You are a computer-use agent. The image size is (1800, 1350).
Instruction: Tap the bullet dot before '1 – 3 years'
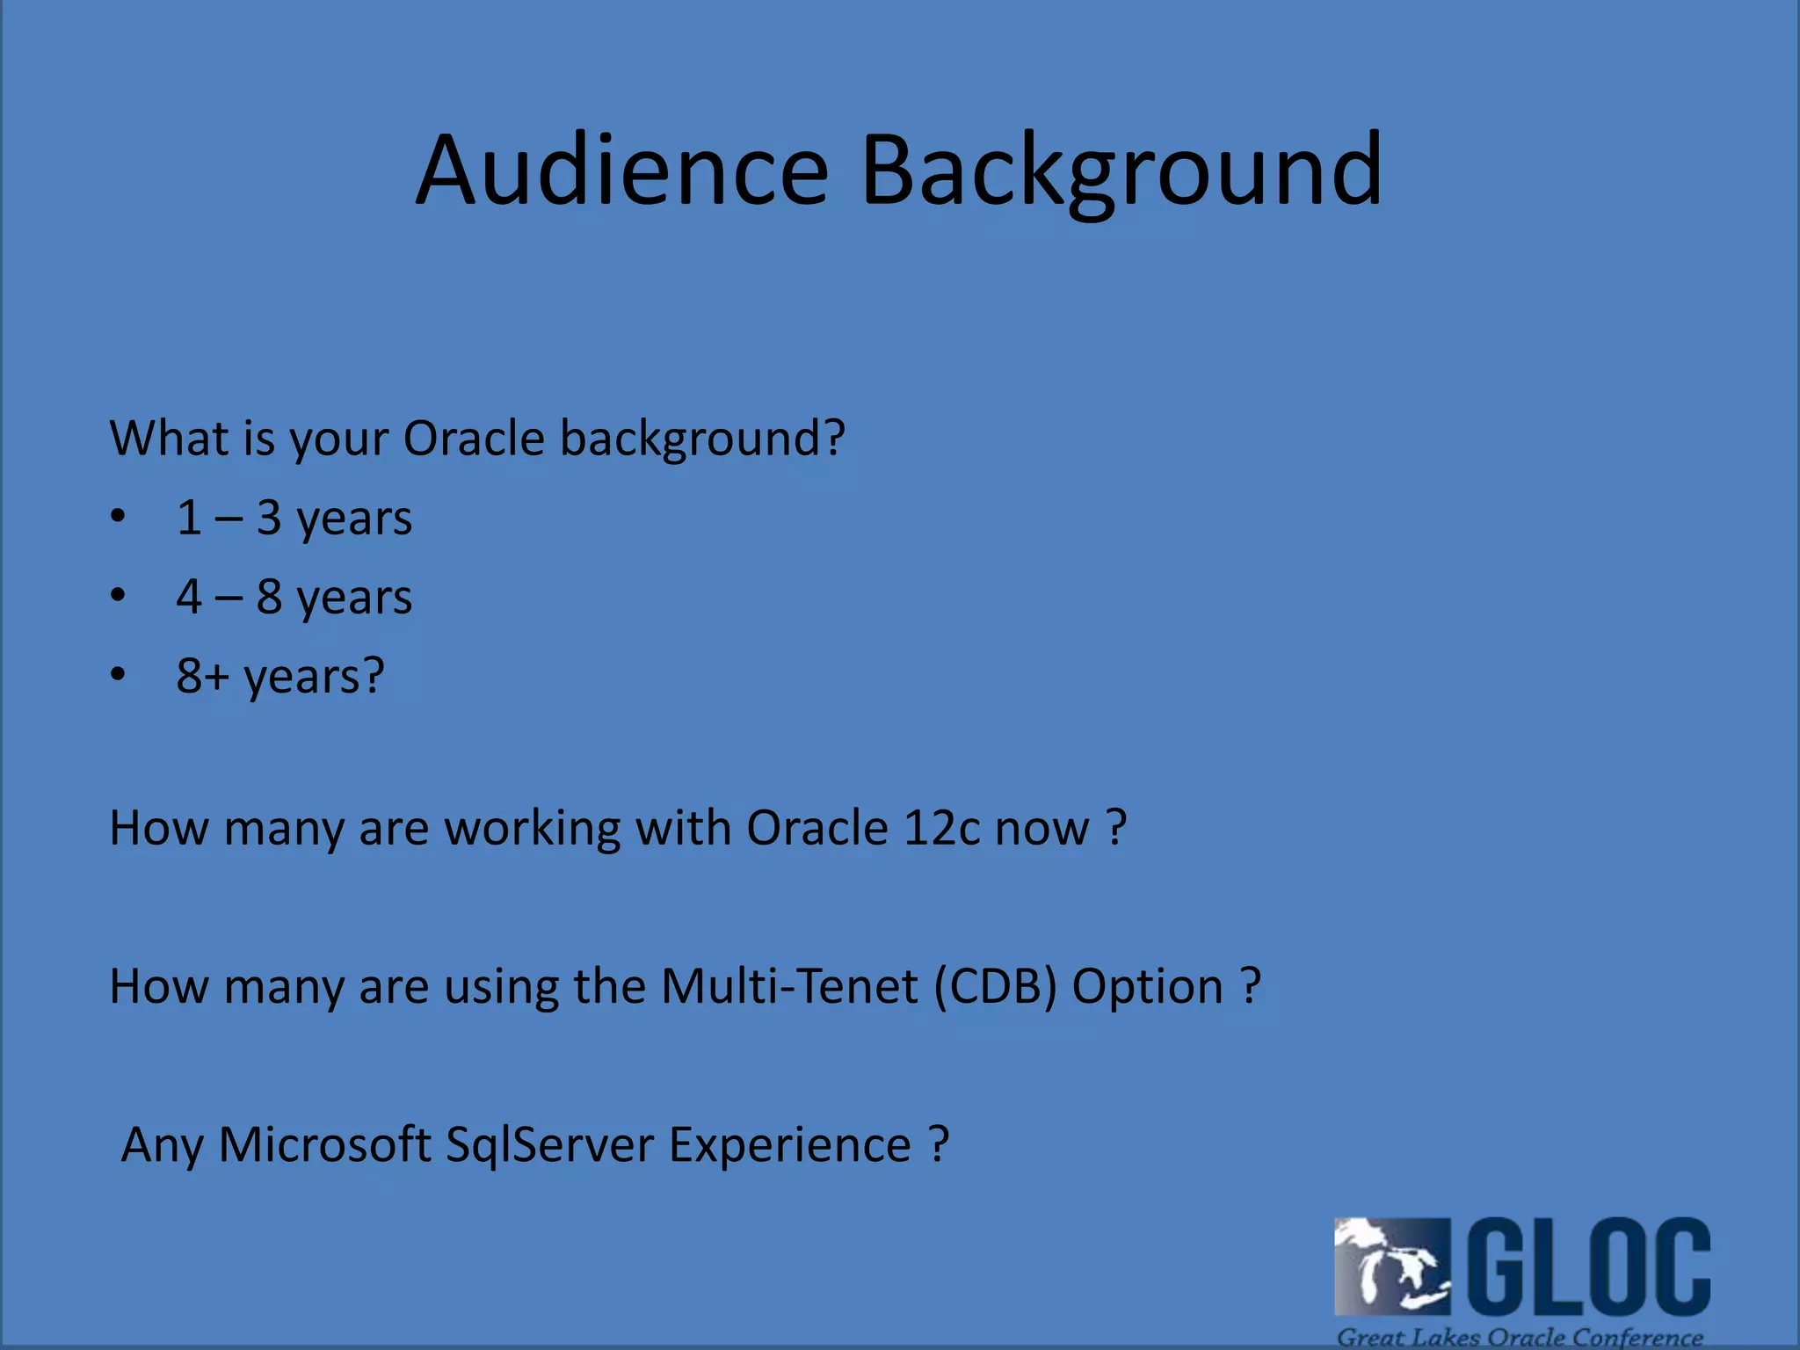coord(118,516)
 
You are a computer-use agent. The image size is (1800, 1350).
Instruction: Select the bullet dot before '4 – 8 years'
coord(118,595)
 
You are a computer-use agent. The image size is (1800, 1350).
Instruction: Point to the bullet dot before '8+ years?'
coord(118,674)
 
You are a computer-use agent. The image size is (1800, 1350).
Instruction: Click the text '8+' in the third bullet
coord(201,675)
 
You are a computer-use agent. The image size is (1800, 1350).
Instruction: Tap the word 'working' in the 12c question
coord(532,828)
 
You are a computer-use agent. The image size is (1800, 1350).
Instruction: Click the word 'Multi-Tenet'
coord(788,986)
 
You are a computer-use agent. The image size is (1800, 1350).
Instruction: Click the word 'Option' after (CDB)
coord(1147,986)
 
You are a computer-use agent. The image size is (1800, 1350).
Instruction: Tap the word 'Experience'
coord(789,1144)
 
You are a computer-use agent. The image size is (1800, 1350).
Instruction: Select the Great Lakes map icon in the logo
coord(1391,1266)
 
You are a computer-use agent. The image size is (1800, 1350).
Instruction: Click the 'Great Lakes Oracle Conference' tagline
coord(1519,1337)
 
